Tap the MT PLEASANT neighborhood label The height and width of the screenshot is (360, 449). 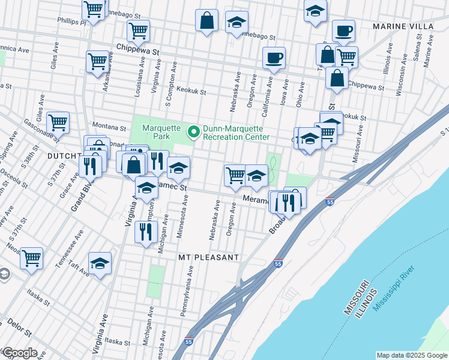(209, 257)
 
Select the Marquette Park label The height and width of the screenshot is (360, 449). (157, 132)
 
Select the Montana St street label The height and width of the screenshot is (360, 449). (108, 127)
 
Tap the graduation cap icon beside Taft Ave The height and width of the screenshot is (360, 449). (100, 263)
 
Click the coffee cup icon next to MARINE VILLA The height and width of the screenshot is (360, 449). (343, 31)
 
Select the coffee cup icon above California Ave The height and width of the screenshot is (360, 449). (274, 58)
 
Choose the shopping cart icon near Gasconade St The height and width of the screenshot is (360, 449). (58, 123)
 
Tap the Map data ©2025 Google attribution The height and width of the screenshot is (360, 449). (411, 355)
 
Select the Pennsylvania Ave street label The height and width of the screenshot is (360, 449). (190, 293)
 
